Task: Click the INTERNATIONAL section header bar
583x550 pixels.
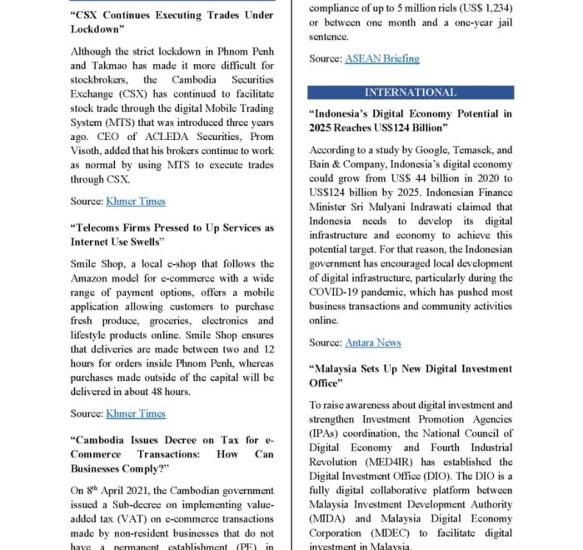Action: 411,92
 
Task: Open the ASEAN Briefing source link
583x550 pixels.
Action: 381,59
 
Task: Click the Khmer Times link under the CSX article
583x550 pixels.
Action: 136,201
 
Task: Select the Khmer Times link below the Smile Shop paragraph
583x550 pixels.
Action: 136,413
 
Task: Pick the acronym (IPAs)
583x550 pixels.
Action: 328,434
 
